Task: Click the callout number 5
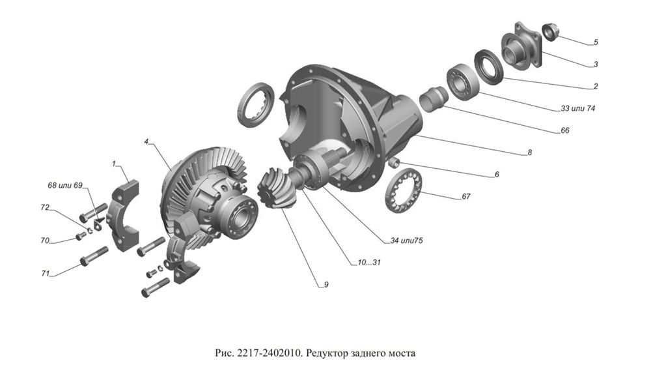coord(595,43)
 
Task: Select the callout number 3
coord(595,65)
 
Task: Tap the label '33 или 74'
coord(574,108)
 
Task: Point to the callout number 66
coord(564,130)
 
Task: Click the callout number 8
coord(530,153)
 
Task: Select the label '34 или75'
coord(406,241)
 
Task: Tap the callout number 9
coord(318,284)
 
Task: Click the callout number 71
coord(46,274)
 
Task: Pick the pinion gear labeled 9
coord(275,188)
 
